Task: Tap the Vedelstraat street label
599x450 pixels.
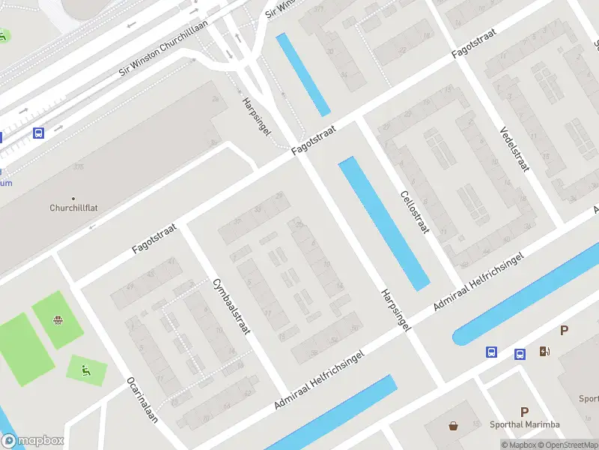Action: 514,148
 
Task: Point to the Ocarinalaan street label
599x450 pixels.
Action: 142,400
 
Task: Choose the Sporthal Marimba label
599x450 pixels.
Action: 524,424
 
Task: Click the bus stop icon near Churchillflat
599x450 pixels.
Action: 38,133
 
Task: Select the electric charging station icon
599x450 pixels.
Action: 544,351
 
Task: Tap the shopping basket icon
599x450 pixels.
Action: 454,426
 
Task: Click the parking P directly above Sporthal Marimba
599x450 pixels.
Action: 525,412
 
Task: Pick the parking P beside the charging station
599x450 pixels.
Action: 564,331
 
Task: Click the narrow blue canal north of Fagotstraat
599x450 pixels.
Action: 303,74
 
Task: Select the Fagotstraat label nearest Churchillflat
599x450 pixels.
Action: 153,236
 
